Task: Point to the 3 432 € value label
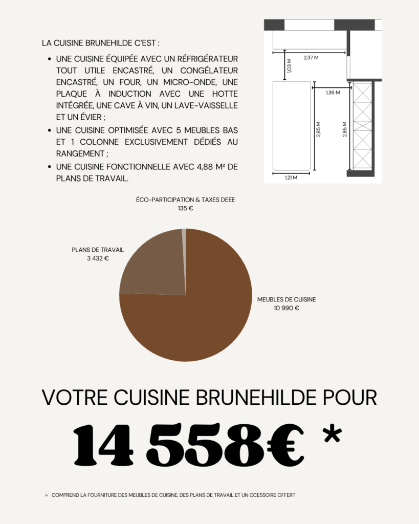pyautogui.click(x=98, y=258)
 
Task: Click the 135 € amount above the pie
pyautogui.click(x=186, y=209)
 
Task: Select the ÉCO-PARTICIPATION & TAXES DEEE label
pyautogui.click(x=186, y=200)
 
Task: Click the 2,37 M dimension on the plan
pyautogui.click(x=311, y=57)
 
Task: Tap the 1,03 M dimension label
pyautogui.click(x=290, y=65)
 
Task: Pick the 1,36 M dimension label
pyautogui.click(x=333, y=93)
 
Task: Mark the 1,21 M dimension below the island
pyautogui.click(x=291, y=178)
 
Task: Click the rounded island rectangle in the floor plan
pyautogui.click(x=291, y=125)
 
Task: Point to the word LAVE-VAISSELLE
pyautogui.click(x=210, y=105)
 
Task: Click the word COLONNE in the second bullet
pyautogui.click(x=94, y=142)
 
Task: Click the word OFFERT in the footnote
pyautogui.click(x=284, y=495)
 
